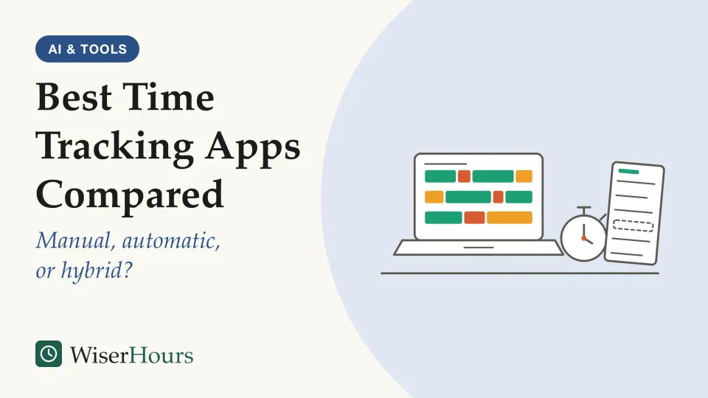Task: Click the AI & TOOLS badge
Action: click(87, 49)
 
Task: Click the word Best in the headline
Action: click(74, 97)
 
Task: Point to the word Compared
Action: click(130, 195)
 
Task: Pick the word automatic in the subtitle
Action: click(172, 241)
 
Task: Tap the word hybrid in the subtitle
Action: click(97, 270)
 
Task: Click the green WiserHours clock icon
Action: click(49, 354)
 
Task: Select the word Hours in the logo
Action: click(162, 355)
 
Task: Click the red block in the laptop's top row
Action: click(464, 176)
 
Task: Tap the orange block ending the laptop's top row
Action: click(524, 176)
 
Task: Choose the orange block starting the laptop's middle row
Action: click(434, 197)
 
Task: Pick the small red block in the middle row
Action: click(498, 197)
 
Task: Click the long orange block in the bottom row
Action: click(510, 217)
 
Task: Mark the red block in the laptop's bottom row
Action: click(474, 217)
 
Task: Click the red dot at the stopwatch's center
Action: click(583, 238)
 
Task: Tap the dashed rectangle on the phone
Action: click(633, 226)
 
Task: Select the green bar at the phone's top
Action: click(628, 172)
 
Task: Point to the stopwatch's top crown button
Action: click(584, 208)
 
